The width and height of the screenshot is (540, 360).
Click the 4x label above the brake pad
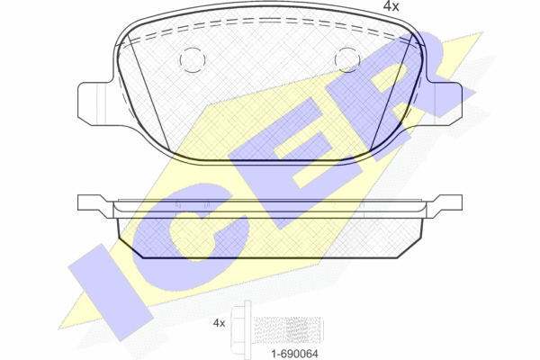391,6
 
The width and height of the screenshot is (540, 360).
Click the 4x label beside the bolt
219,323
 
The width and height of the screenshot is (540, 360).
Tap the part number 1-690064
295,354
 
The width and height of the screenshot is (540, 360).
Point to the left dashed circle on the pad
193,60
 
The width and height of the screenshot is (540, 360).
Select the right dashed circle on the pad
347,60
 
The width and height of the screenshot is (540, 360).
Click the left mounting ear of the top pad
95,103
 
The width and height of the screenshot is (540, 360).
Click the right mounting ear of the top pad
445,103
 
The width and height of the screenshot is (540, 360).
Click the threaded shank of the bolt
287,329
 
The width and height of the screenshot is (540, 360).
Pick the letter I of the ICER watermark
110,292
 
